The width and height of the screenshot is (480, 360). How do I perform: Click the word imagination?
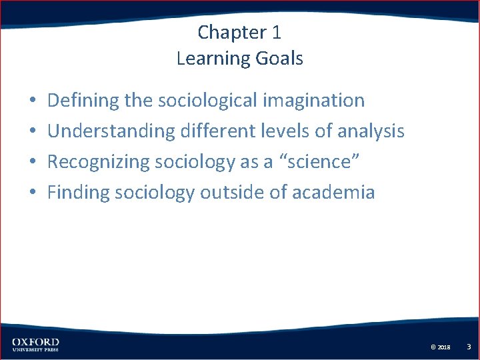314,101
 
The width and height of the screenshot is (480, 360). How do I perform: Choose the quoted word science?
315,162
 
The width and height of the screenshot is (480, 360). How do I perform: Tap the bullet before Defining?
32,101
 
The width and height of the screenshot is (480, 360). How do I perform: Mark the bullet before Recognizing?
32,163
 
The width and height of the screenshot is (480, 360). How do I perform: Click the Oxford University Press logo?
35,345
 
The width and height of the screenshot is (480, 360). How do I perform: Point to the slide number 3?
469,347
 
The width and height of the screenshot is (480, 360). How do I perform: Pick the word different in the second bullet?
223,131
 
